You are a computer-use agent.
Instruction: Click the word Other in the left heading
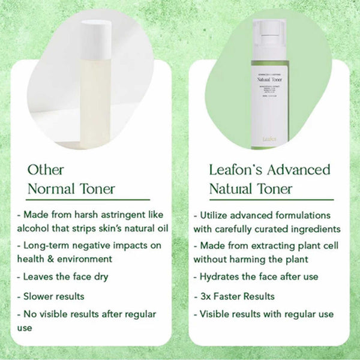pos(46,169)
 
